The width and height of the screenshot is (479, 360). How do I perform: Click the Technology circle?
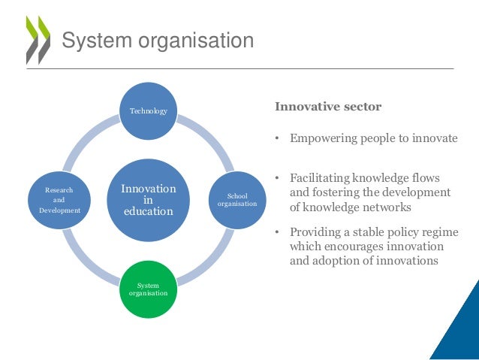click(149, 111)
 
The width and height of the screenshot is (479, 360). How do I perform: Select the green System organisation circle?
click(148, 289)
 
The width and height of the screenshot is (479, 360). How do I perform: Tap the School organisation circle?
click(236, 200)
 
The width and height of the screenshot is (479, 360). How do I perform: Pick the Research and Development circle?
click(59, 200)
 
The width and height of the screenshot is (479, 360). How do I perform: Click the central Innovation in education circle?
click(149, 200)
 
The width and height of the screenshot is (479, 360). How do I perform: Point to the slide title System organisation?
click(158, 40)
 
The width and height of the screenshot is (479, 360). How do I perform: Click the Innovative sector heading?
click(328, 107)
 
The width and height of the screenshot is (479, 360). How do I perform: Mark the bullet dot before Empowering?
click(277, 139)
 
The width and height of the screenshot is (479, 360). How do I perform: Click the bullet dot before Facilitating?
click(277, 178)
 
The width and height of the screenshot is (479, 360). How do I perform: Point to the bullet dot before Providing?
click(277, 232)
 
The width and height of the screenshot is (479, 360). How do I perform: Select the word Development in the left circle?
click(59, 210)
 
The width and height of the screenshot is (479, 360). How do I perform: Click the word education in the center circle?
click(149, 211)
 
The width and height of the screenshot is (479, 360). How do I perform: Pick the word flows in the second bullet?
click(426, 178)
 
